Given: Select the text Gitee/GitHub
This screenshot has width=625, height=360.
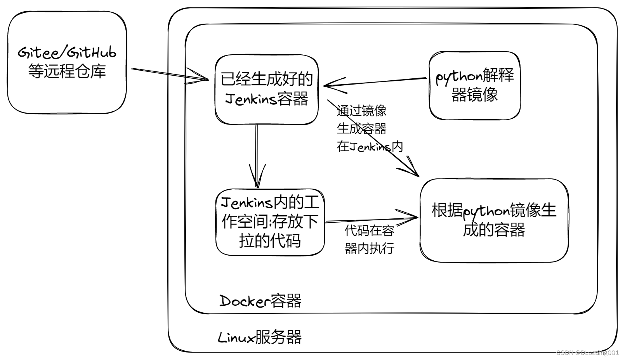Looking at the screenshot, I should click(67, 52).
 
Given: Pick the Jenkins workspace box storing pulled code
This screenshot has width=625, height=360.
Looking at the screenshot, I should click(270, 222).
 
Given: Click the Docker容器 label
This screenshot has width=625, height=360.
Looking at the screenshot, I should click(260, 301).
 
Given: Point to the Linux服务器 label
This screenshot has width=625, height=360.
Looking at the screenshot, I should click(260, 337).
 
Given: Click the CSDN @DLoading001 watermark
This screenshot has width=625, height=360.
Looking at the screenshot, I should click(587, 352).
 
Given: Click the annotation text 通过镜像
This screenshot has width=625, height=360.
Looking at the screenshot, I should click(361, 111).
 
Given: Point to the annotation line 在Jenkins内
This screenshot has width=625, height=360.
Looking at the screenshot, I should click(370, 147).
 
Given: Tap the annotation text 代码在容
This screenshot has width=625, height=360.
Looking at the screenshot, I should click(369, 231).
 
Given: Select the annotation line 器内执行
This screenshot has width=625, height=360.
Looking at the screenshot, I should click(369, 248).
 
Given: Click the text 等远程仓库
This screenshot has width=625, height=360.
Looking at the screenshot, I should click(67, 71).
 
